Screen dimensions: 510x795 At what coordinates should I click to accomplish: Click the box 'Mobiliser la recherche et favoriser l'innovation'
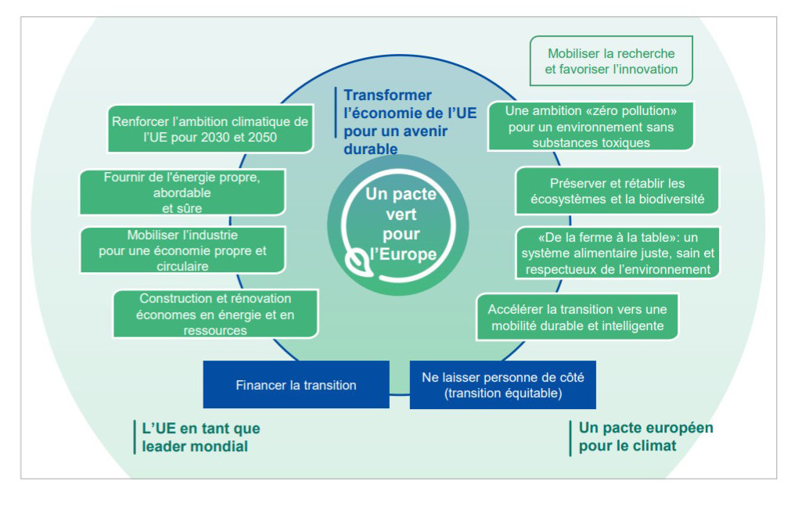611,61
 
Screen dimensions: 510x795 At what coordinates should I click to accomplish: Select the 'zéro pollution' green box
591,127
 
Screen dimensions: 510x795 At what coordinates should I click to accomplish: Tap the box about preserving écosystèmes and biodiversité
617,191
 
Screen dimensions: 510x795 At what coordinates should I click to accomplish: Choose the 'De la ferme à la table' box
617,253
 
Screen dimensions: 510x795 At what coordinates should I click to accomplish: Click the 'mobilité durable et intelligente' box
577,317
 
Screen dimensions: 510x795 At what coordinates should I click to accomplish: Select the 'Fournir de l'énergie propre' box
182,192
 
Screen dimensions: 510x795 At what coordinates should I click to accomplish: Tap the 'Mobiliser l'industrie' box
182,250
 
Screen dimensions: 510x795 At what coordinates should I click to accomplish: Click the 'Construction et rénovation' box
215,314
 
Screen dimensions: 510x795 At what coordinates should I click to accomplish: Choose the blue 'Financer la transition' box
296,385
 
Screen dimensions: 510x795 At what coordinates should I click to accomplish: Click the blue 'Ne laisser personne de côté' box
502,385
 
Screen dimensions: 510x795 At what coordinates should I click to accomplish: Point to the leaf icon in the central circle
359,260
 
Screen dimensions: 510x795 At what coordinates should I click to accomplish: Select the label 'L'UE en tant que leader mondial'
201,438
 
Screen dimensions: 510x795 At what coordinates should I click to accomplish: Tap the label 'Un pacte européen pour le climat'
646,438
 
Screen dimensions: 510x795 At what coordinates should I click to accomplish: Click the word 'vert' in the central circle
401,214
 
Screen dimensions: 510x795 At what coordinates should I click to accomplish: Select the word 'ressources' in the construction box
215,330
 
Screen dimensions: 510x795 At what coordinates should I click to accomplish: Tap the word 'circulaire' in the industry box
182,267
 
